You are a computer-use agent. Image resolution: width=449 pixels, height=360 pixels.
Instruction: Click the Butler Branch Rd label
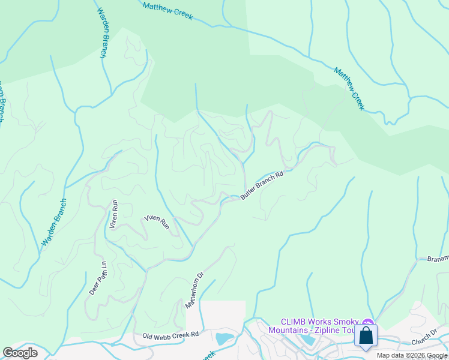coord(261,185)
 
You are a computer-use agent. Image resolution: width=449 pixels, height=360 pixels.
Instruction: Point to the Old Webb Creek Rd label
coord(170,337)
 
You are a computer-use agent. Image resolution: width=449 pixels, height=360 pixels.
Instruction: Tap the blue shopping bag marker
coord(366,336)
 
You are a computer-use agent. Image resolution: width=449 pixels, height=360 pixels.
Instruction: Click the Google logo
coord(20,352)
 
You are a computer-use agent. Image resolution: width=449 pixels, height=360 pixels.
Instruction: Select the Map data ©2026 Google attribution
coord(412,355)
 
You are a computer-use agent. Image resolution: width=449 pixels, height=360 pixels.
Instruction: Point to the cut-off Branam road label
coord(437,259)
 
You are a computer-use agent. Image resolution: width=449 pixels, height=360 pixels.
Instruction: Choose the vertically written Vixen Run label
coord(114,215)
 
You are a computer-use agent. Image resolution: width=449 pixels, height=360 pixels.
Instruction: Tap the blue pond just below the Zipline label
coord(309,340)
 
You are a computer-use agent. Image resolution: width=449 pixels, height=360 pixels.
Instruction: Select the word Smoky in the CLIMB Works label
coord(346,322)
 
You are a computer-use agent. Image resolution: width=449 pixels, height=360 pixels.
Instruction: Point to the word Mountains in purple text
coord(287,331)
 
